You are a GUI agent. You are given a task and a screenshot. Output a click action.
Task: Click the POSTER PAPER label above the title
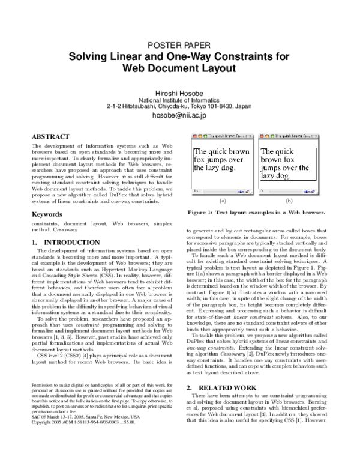click(181, 46)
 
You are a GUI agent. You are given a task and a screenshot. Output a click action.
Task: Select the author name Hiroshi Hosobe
click(181, 92)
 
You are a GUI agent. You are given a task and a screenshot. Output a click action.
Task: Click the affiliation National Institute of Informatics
click(181, 100)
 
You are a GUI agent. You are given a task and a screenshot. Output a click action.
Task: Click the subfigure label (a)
click(223, 201)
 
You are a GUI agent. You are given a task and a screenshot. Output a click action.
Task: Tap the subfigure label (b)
click(289, 201)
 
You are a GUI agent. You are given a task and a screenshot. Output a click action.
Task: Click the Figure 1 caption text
click(256, 213)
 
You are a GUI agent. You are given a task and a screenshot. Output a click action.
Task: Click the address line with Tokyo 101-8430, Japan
click(181, 106)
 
